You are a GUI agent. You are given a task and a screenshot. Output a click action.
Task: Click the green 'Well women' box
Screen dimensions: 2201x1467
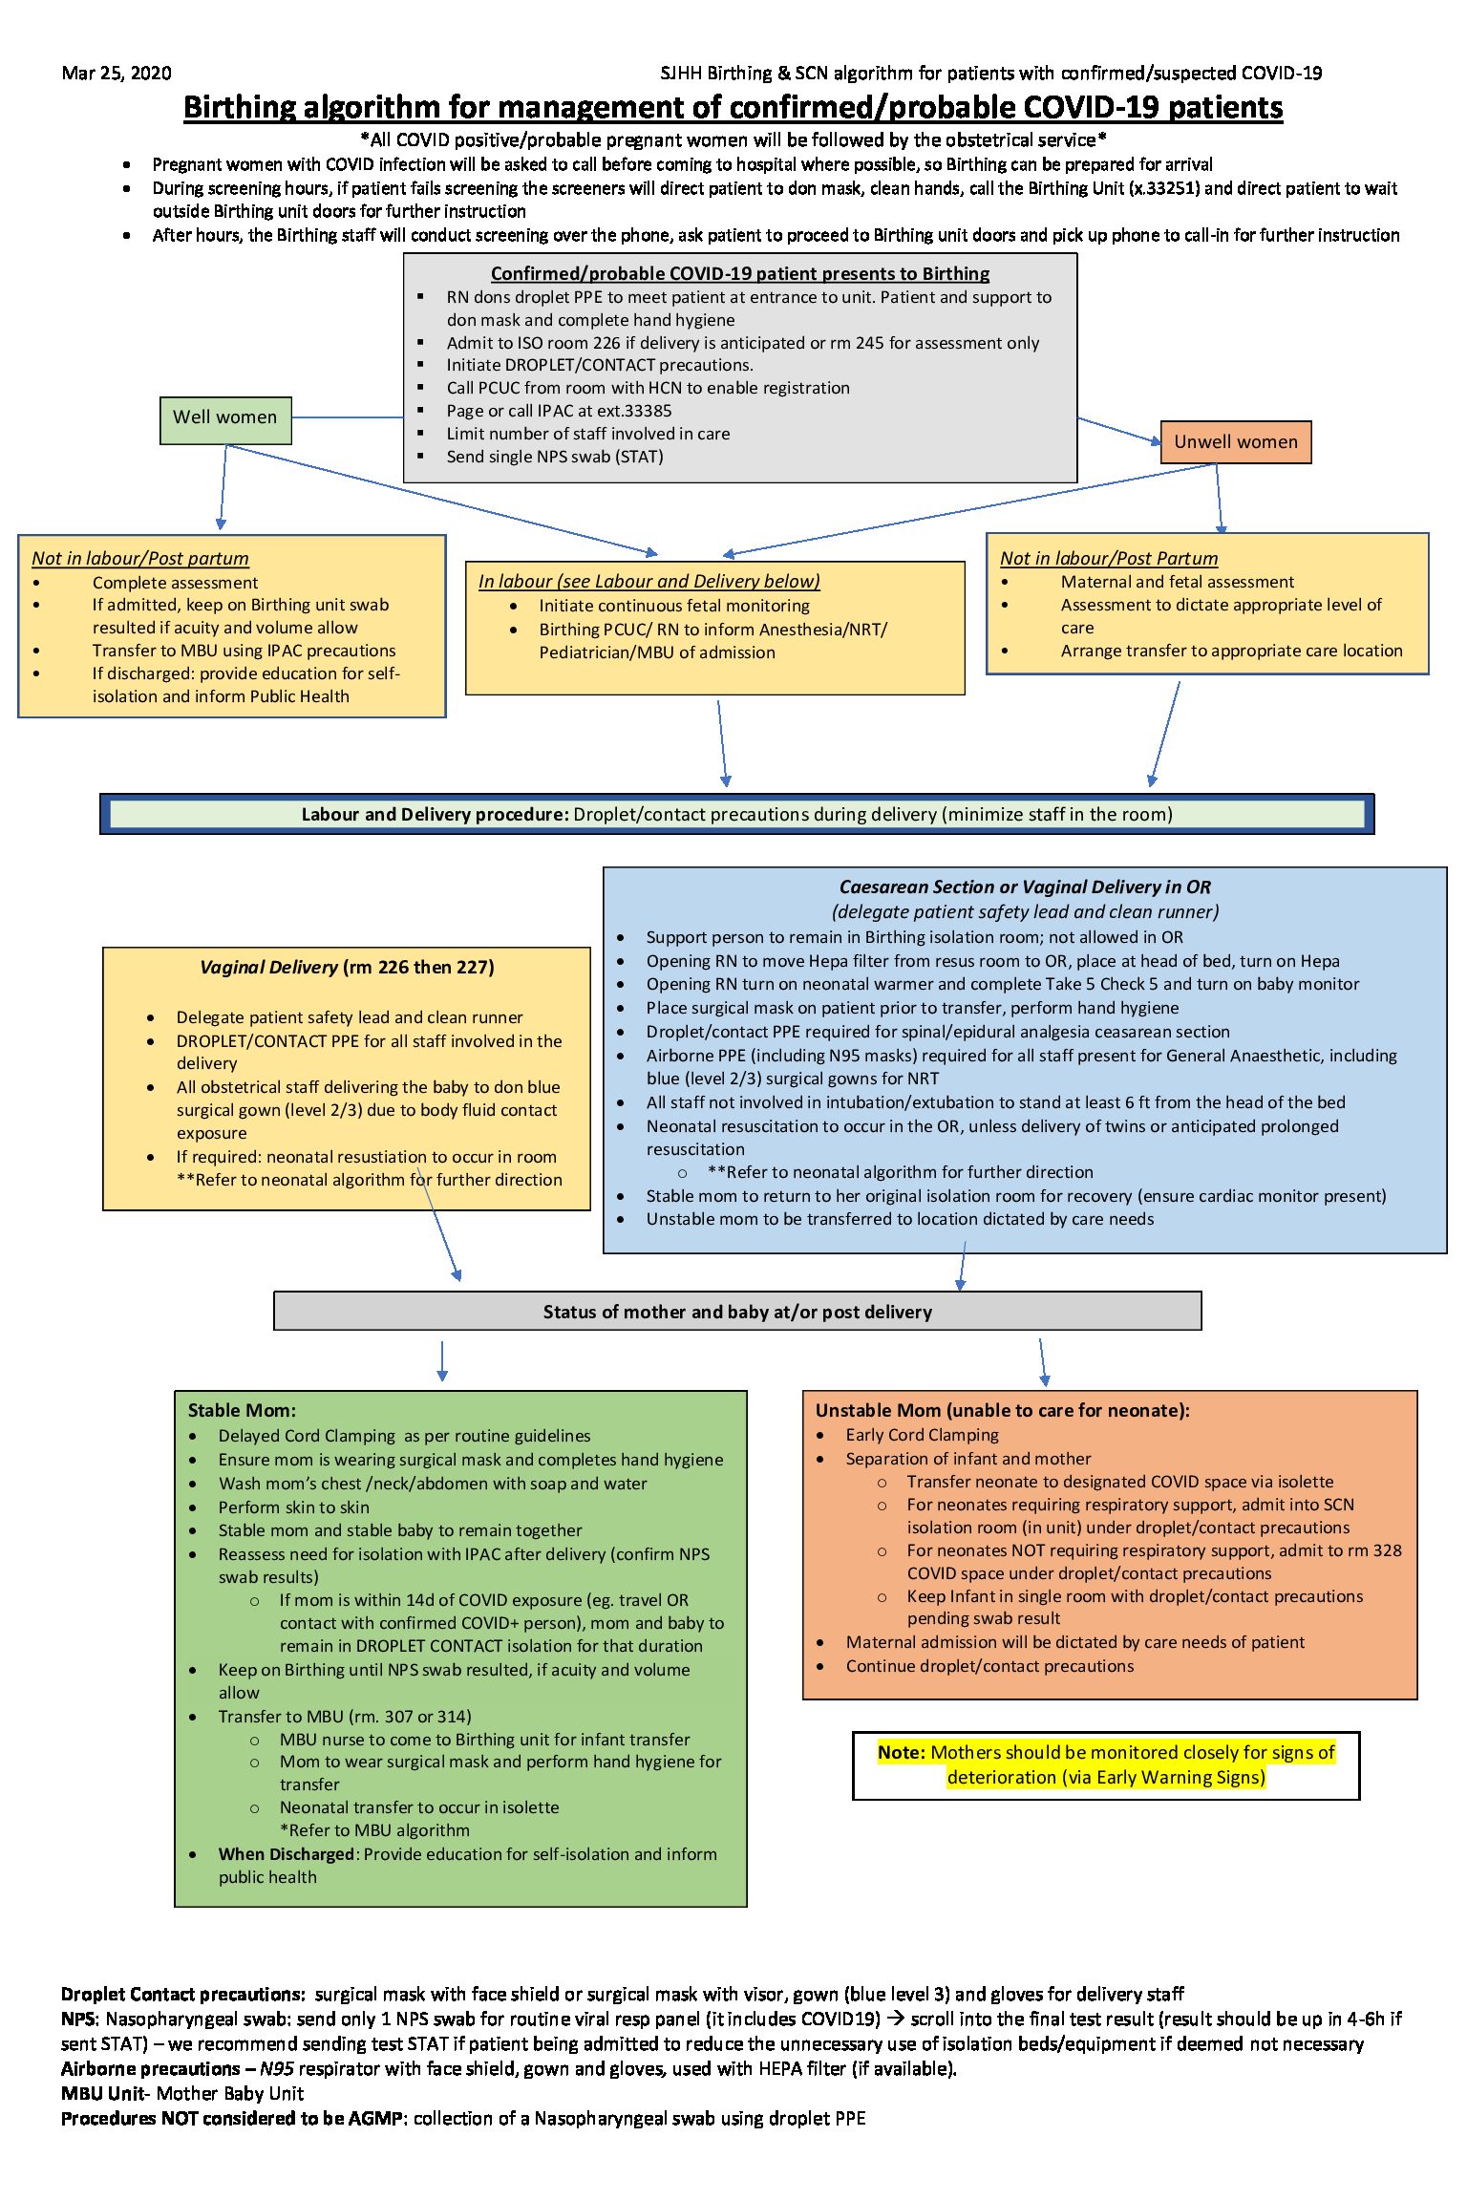pyautogui.click(x=225, y=418)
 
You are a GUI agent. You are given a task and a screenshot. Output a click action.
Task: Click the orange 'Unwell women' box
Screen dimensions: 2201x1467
pyautogui.click(x=1235, y=442)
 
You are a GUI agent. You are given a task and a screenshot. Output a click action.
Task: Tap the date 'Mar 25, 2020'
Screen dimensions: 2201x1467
pyautogui.click(x=117, y=74)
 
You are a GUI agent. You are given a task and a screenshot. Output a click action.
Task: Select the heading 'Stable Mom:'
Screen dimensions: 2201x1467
pyautogui.click(x=242, y=1410)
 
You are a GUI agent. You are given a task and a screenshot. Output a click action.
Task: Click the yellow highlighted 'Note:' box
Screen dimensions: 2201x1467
pyautogui.click(x=1105, y=1764)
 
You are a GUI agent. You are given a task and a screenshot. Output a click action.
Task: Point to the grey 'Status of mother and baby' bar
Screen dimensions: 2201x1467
pyautogui.click(x=736, y=1312)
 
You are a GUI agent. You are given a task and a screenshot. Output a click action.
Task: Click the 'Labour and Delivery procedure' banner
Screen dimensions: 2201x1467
pyautogui.click(x=736, y=814)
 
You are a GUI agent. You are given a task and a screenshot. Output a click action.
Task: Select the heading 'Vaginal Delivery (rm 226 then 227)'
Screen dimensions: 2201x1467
pyautogui.click(x=347, y=967)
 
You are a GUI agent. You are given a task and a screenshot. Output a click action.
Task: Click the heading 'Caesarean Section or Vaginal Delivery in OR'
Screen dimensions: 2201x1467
pyautogui.click(x=1025, y=887)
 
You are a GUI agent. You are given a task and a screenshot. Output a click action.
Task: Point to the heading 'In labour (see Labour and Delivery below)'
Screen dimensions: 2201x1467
pyautogui.click(x=648, y=581)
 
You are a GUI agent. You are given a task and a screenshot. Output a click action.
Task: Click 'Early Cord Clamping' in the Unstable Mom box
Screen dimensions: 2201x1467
pyautogui.click(x=922, y=1435)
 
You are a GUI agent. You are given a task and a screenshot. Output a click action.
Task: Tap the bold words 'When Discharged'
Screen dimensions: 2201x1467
pyautogui.click(x=286, y=1854)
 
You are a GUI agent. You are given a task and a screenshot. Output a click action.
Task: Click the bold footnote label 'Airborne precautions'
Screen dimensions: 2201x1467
pyautogui.click(x=150, y=2068)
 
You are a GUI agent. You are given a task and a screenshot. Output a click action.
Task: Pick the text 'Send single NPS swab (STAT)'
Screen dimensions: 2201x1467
pyautogui.click(x=554, y=457)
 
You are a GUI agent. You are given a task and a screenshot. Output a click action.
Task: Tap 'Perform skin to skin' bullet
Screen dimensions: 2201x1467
pyautogui.click(x=293, y=1507)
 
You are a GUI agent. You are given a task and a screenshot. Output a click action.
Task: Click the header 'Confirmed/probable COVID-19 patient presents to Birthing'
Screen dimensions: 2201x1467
pyautogui.click(x=739, y=274)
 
